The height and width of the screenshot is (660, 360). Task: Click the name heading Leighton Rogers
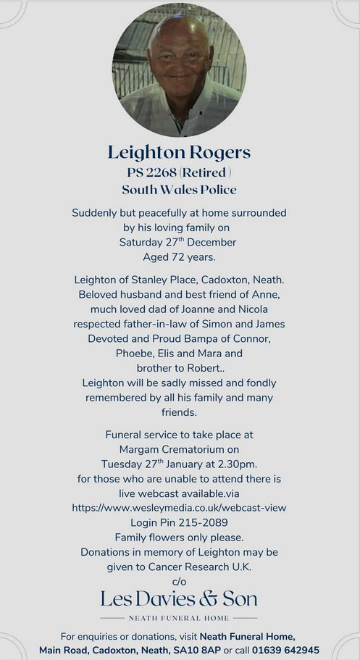[179, 152]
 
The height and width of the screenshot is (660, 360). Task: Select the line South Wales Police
[179, 190]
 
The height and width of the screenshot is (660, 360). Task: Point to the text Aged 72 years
[179, 256]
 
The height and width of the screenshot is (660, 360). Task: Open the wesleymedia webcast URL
[179, 508]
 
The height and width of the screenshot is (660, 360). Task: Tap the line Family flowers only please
[179, 537]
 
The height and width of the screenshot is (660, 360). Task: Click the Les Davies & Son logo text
[179, 598]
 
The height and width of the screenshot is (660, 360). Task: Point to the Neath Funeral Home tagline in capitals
[179, 618]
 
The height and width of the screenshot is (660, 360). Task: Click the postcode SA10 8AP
[198, 651]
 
